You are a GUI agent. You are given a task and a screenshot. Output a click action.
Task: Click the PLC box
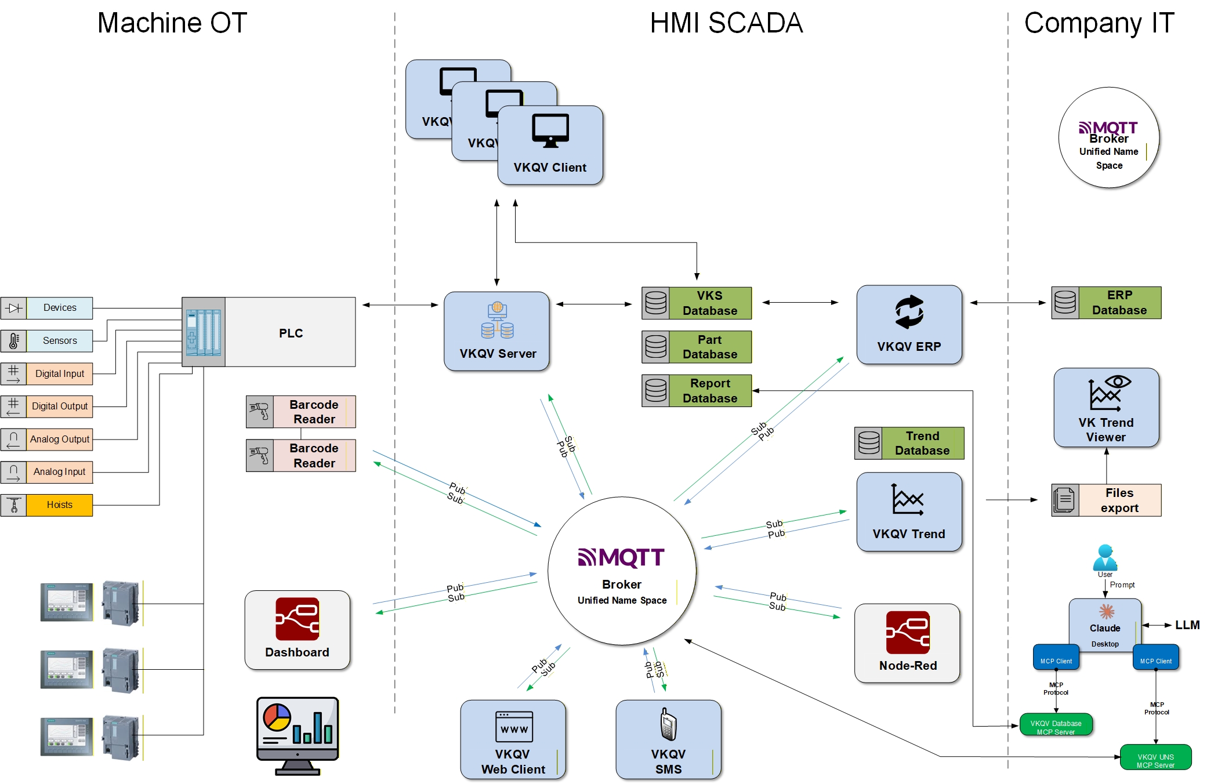[290, 332]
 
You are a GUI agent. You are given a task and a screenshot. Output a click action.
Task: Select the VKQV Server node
[496, 331]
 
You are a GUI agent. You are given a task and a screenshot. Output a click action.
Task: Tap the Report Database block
[697, 391]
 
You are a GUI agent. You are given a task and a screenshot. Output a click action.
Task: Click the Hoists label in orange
[59, 504]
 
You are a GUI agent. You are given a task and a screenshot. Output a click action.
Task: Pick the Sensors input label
[59, 340]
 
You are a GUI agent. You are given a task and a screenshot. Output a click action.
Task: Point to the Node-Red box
[907, 643]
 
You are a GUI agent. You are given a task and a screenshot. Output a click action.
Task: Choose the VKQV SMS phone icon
[668, 724]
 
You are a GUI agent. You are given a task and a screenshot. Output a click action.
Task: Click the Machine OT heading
[172, 23]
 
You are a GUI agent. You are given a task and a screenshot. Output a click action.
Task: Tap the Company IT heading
[1099, 23]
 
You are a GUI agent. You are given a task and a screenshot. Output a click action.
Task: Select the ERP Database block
[1107, 303]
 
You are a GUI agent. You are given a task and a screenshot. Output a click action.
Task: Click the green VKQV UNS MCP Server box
[1155, 757]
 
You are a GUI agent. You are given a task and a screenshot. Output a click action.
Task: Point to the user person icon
[1105, 557]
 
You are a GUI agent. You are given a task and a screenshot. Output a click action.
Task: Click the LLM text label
[1187, 625]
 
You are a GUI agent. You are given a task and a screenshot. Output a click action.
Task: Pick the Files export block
[1107, 500]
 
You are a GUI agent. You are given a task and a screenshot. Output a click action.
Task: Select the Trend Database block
[909, 444]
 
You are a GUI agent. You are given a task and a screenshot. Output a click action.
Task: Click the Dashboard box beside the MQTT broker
[297, 630]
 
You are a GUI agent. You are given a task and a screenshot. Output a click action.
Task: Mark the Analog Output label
[59, 439]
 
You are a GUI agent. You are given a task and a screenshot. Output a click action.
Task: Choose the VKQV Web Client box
[513, 739]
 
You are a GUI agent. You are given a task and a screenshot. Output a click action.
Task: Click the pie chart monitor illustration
[298, 735]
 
